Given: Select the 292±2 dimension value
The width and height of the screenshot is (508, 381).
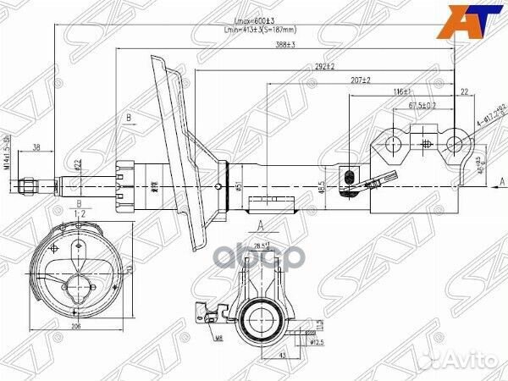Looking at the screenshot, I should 325,65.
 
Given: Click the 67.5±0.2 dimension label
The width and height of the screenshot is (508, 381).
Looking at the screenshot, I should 422,106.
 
